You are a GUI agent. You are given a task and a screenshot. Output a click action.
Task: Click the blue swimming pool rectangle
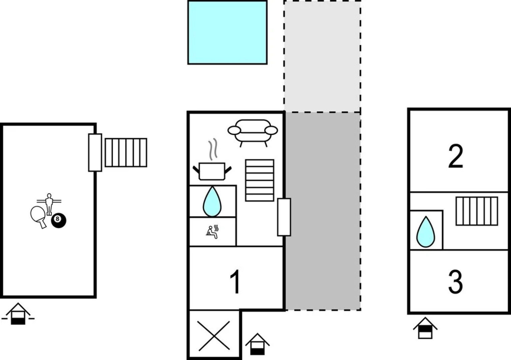tap(228, 32)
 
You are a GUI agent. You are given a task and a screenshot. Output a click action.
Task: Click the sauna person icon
tap(212, 232)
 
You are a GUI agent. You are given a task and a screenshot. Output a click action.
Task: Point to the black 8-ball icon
tap(59, 220)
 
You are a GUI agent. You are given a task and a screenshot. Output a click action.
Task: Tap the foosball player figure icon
tap(49, 203)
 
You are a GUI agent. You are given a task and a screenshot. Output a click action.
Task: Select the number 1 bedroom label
tap(235, 282)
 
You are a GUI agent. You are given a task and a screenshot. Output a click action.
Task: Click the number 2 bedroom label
tap(455, 156)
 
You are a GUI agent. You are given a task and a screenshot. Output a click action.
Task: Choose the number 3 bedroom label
tap(455, 282)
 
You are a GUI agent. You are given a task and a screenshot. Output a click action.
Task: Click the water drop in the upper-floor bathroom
tap(426, 232)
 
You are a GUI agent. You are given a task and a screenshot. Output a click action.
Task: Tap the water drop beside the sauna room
tap(212, 202)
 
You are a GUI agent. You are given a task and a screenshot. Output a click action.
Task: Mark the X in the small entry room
tap(214, 336)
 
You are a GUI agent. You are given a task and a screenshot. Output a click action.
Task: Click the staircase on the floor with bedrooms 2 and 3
tap(477, 211)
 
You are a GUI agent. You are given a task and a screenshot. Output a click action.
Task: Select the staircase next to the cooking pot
tap(259, 180)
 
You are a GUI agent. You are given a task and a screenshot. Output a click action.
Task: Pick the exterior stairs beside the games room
tap(126, 153)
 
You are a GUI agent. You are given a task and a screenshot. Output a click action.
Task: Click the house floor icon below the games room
tap(18, 314)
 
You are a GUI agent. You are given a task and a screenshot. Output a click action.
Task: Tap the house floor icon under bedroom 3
tap(425, 328)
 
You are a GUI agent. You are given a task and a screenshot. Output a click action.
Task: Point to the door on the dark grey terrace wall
tap(284, 217)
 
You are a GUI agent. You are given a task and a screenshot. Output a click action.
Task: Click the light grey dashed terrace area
tap(322, 57)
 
